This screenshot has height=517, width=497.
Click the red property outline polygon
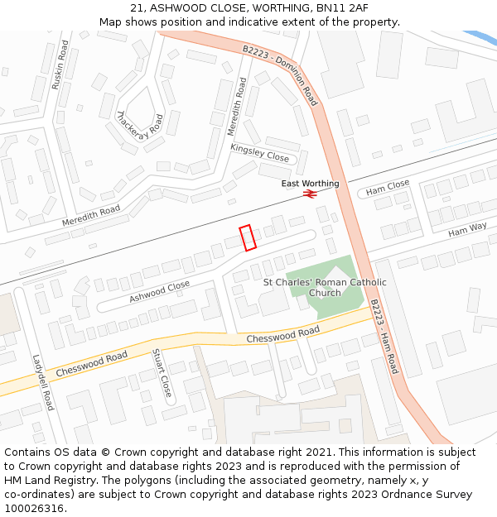pyautogui.click(x=248, y=237)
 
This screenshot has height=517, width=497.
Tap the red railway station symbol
pyautogui.click(x=310, y=194)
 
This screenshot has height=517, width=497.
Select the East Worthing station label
pyautogui.click(x=310, y=184)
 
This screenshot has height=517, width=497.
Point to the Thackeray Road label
pyautogui.click(x=140, y=128)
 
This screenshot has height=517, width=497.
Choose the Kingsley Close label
pyautogui.click(x=259, y=152)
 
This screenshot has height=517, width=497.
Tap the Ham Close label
pyautogui.click(x=388, y=188)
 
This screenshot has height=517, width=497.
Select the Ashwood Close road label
pyautogui.click(x=159, y=291)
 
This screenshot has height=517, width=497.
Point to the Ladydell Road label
pyautogui.click(x=43, y=383)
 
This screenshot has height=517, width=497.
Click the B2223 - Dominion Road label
pyautogui.click(x=280, y=74)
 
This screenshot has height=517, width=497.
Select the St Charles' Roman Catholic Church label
pyautogui.click(x=325, y=287)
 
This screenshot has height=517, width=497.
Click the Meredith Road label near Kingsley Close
pyautogui.click(x=237, y=107)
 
